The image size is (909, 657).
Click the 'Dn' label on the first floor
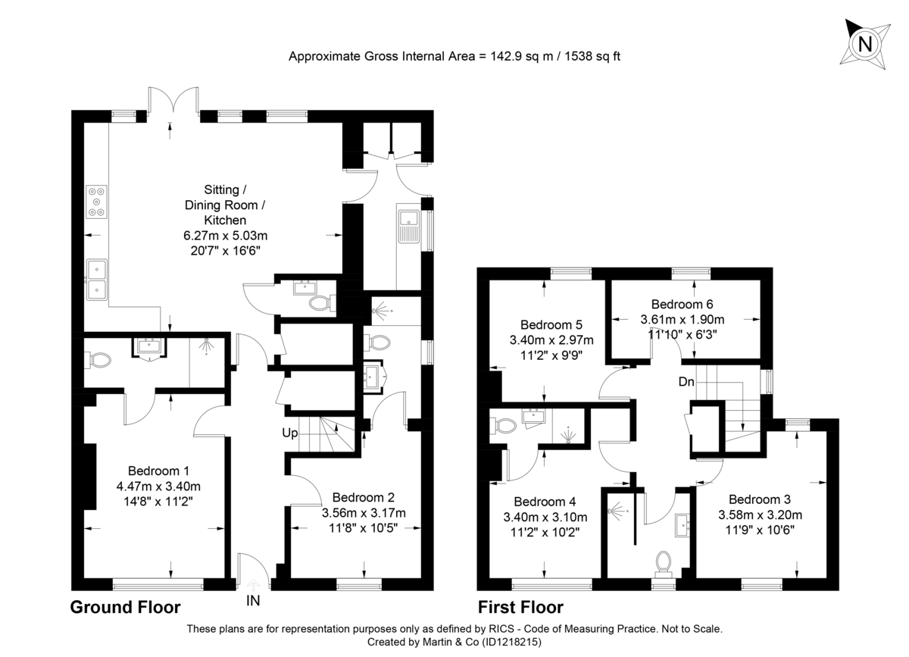coord(687,382)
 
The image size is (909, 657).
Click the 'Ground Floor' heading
coord(125,607)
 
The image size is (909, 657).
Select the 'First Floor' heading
coord(520,607)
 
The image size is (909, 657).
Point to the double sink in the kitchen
coord(97,279)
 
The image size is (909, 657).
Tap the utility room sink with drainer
coord(408,226)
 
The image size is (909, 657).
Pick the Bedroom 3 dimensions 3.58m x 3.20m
coord(764,515)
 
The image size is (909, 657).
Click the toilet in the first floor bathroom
coord(664,563)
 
